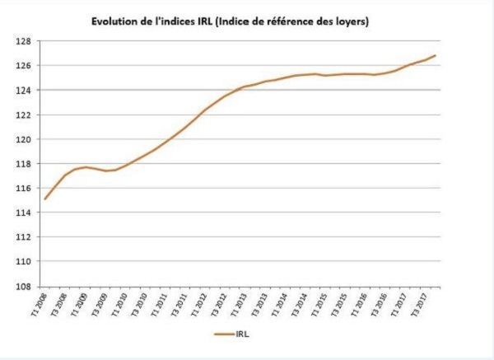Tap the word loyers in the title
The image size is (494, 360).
pyautogui.click(x=350, y=21)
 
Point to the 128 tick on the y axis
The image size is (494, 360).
pyautogui.click(x=23, y=41)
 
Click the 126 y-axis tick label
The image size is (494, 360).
pyautogui.click(x=23, y=66)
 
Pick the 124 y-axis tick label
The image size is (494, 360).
pyautogui.click(x=23, y=90)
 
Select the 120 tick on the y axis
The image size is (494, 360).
pyautogui.click(x=23, y=139)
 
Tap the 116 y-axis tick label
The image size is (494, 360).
pyautogui.click(x=23, y=188)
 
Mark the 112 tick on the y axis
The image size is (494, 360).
pyautogui.click(x=23, y=237)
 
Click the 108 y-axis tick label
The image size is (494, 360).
pyautogui.click(x=23, y=287)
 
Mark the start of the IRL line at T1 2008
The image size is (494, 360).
pyautogui.click(x=44, y=199)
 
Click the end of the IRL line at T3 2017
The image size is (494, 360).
pyautogui.click(x=435, y=55)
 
